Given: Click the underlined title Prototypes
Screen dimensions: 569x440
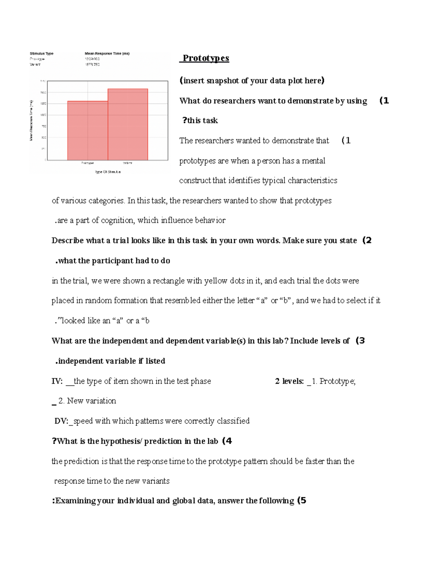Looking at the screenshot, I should pos(206,58).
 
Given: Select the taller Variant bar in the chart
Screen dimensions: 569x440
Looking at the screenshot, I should pos(128,125).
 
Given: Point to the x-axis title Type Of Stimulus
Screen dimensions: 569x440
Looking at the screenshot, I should pos(108,172).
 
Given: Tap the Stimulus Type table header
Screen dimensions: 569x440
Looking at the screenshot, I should pos(41,53).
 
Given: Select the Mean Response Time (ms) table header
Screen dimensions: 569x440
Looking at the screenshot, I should pos(107,53).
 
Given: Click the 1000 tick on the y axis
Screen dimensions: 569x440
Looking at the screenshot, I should pos(43,115).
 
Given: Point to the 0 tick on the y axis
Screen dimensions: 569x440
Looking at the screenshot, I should pos(45,160).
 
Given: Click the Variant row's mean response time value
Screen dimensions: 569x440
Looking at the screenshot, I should pos(92,64).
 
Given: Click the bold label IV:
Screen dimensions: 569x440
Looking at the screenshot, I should pos(57,381).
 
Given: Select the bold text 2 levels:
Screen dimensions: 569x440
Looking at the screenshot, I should pos(289,381).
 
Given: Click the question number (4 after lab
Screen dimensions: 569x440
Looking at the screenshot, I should pos(227,441).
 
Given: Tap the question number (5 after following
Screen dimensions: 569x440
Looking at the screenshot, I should pos(301,501).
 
